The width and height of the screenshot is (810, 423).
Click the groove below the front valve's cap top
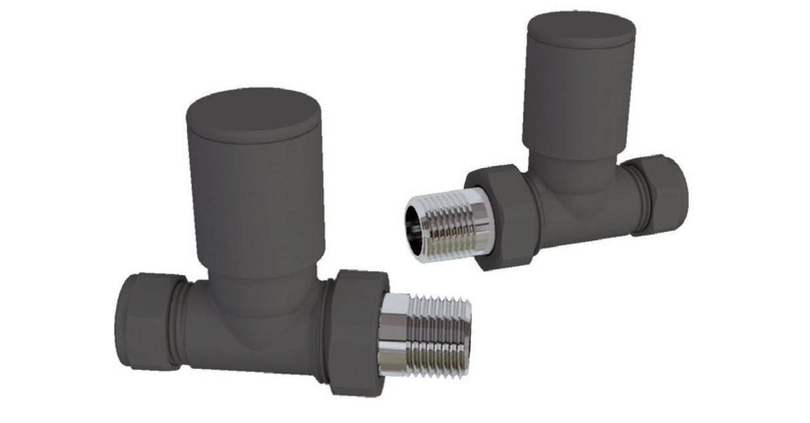[254, 140]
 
